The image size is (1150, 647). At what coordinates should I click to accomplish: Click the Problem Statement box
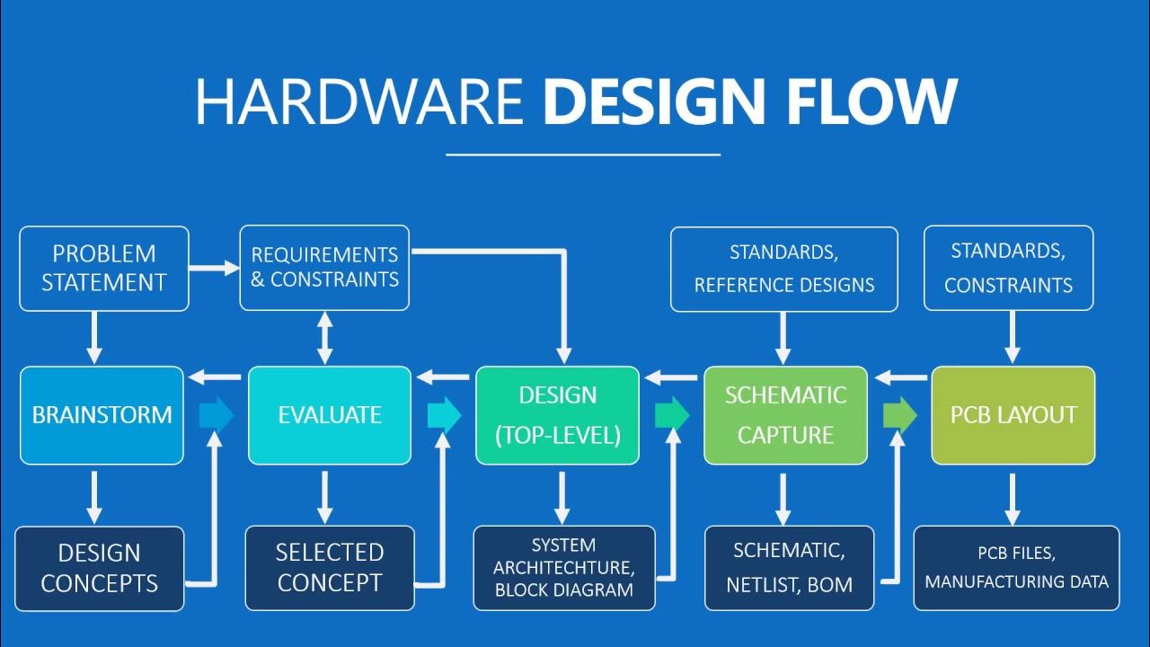pos(104,269)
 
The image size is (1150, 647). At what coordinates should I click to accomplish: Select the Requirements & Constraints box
pos(324,268)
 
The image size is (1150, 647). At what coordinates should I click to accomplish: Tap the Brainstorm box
pos(102,415)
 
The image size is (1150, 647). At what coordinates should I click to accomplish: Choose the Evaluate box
pos(330,415)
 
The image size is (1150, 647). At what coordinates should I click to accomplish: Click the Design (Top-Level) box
pos(557,415)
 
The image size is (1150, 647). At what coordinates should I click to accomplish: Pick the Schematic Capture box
pos(785,415)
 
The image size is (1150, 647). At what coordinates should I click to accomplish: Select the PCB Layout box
pos(1013,415)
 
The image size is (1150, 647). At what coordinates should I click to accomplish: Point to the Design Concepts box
pos(100,568)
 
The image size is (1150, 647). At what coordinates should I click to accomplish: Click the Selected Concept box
pos(330,568)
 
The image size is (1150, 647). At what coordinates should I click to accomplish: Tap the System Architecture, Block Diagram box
pos(564,568)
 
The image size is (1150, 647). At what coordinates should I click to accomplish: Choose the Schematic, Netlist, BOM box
pos(789,568)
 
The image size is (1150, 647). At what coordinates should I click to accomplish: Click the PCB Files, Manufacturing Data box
pos(1016,568)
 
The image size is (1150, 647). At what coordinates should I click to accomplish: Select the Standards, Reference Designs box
pos(783,269)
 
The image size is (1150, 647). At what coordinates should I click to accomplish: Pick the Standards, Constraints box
pos(1008,269)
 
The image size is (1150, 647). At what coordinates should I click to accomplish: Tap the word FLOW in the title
pos(871,102)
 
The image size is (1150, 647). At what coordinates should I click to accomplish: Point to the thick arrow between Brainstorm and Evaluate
pos(216,414)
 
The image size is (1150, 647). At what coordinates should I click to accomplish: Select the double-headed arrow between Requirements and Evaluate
pos(325,338)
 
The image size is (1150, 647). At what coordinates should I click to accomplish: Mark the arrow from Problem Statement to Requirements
pos(214,267)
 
